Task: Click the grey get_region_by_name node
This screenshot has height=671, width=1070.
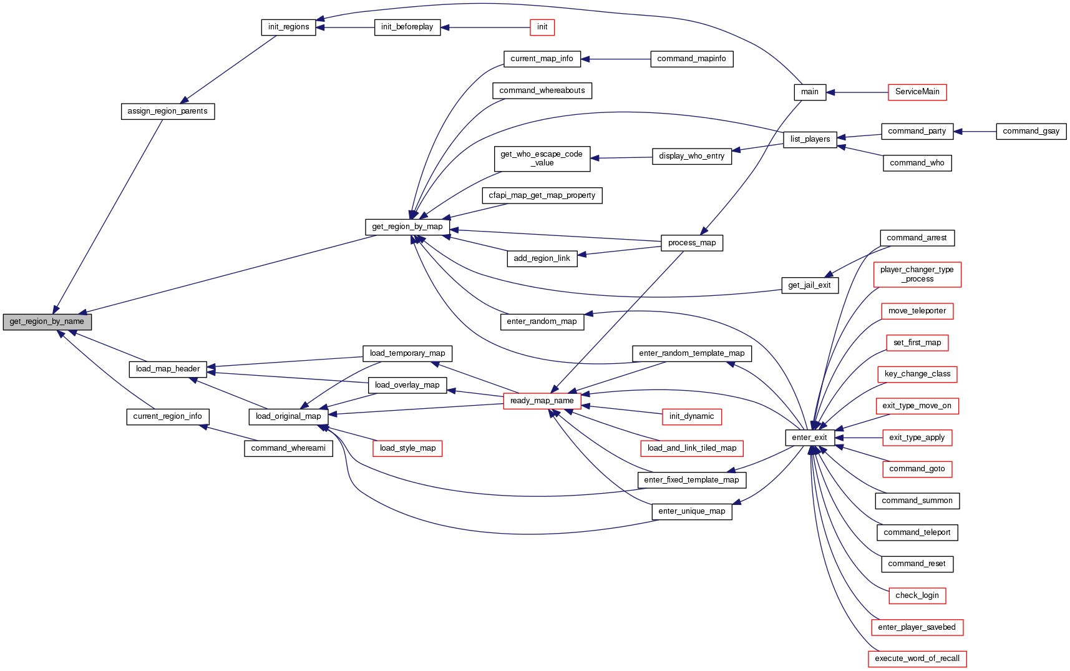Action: click(x=47, y=321)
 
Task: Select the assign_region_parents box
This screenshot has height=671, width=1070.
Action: click(x=167, y=111)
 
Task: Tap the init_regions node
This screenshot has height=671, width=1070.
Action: click(x=288, y=27)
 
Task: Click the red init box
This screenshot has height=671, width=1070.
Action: click(x=542, y=27)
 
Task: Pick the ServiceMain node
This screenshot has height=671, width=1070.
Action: click(x=917, y=92)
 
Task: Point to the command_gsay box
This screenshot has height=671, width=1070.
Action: click(x=1031, y=131)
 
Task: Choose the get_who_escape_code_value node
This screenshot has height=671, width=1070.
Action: click(x=542, y=159)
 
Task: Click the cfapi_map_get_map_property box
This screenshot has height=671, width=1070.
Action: click(x=542, y=195)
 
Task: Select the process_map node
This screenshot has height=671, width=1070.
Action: click(x=691, y=243)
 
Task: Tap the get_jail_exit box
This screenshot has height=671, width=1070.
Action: click(x=809, y=285)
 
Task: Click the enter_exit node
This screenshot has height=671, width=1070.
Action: click(x=809, y=438)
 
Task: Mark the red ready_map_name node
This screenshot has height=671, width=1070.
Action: click(x=542, y=401)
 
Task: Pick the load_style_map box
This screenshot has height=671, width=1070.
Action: click(x=407, y=448)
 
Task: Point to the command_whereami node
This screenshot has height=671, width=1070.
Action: click(x=288, y=448)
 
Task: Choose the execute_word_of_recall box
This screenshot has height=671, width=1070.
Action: click(x=917, y=659)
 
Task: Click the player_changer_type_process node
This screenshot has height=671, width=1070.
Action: click(x=917, y=275)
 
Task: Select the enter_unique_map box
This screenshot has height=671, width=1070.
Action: click(x=691, y=511)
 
